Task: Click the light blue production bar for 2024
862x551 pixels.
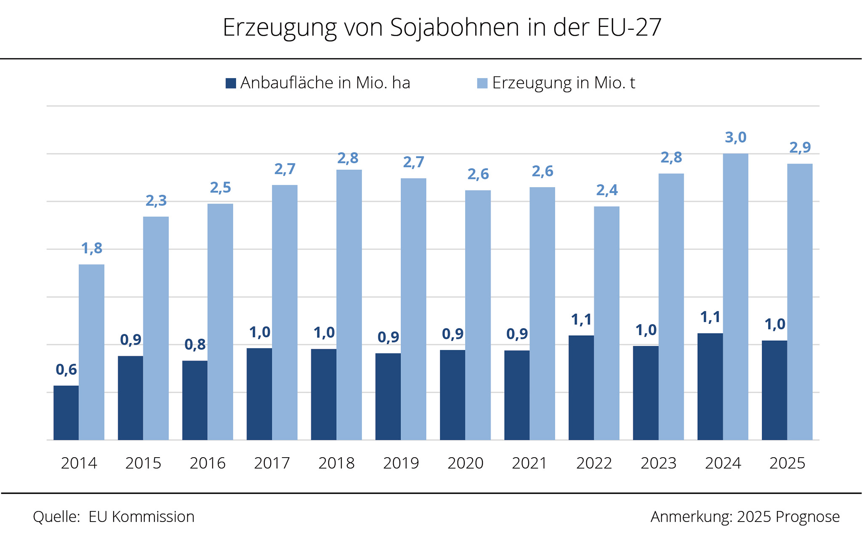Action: (735, 297)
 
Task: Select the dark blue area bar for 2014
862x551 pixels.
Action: (66, 413)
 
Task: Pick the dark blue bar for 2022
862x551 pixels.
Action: (581, 387)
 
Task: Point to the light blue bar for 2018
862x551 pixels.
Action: (349, 305)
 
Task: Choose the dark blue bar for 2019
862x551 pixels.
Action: (388, 396)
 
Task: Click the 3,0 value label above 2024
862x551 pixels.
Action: (735, 138)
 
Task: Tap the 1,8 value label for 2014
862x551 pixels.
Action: (92, 249)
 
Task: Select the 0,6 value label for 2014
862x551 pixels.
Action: (66, 370)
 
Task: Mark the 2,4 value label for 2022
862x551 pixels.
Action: (607, 191)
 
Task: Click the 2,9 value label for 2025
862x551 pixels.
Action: (800, 148)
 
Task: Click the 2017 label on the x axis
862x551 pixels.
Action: (272, 463)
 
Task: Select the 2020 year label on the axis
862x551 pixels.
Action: (465, 463)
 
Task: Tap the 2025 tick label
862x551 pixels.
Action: (787, 463)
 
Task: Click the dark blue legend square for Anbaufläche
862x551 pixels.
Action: (231, 83)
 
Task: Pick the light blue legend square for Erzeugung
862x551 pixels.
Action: (482, 83)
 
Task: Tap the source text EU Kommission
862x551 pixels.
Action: (141, 517)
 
